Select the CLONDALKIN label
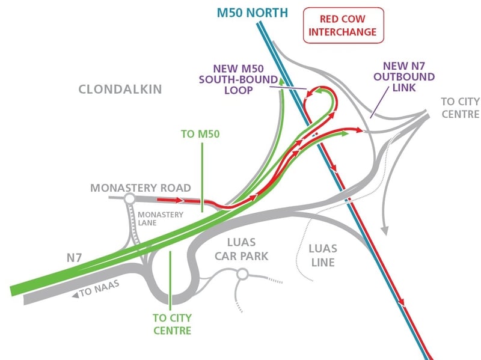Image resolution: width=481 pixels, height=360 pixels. point(120,90)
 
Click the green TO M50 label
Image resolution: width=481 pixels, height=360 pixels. point(200,134)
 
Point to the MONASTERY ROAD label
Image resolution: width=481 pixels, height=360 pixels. point(140,188)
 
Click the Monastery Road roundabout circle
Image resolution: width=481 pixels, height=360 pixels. point(129,199)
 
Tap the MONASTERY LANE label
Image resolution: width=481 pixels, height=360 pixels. point(156,218)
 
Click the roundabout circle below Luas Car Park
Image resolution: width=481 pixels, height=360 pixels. point(242,275)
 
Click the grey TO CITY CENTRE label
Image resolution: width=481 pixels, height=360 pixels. point(459,108)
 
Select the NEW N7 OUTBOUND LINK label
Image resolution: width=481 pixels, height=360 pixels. point(396,77)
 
